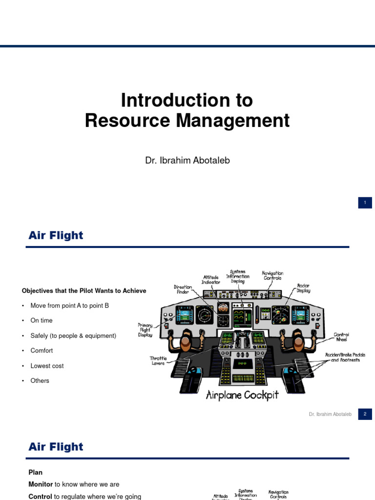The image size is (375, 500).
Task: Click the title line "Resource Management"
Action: point(187,121)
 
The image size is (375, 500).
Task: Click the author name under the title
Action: point(187,160)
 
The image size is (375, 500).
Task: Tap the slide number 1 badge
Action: point(365,203)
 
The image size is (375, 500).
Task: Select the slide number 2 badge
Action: point(365,414)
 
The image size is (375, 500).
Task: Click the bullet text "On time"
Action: point(42,321)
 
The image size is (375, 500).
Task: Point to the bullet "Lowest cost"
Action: point(47,366)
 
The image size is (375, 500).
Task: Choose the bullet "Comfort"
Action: point(42,351)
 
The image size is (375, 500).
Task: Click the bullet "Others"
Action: point(40,381)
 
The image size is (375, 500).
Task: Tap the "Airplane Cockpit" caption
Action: point(242,395)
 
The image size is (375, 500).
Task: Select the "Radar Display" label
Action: point(303,288)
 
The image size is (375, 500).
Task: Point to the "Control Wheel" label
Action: point(341,337)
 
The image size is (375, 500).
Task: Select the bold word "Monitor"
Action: point(41,484)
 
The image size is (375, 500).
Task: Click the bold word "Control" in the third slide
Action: point(40,497)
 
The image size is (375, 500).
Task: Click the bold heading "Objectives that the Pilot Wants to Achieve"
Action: point(84,291)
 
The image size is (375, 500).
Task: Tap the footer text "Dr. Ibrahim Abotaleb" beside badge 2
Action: point(330,414)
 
